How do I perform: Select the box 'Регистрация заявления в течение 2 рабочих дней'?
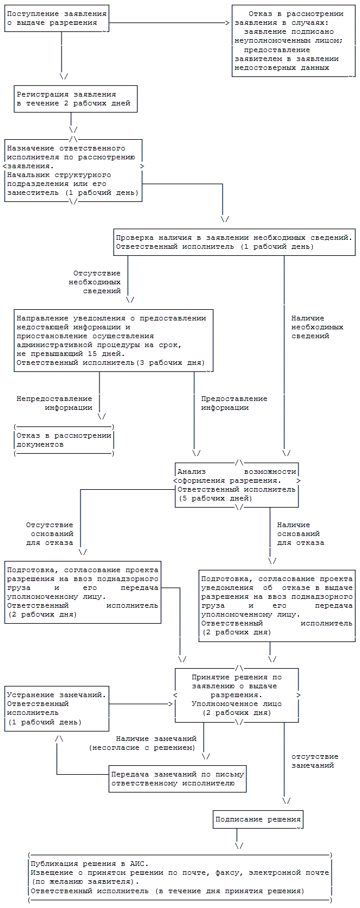point(76,99)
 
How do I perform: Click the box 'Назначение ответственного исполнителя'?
point(73,170)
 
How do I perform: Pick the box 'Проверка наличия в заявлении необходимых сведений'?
point(234,242)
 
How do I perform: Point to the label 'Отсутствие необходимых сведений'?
point(96,282)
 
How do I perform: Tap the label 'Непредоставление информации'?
point(54,403)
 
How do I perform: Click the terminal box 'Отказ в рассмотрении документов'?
point(63,439)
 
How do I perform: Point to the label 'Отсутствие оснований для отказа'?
point(50,534)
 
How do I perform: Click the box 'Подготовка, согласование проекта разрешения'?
point(83,592)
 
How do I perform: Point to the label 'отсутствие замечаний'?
point(315,761)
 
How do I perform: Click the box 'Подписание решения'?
point(258,820)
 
